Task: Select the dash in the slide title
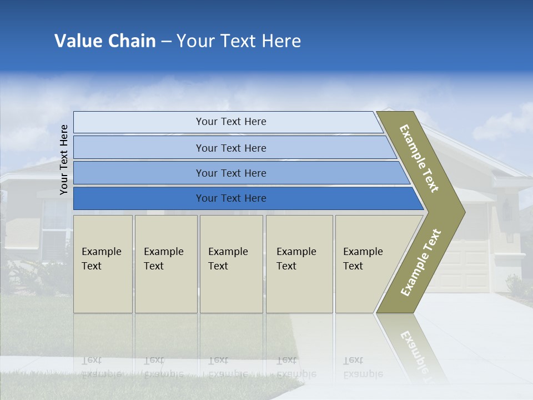166,42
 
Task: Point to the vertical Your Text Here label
64,159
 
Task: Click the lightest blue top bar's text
231,122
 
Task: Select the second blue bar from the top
231,148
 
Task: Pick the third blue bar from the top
231,173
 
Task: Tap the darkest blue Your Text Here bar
231,198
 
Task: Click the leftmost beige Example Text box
103,264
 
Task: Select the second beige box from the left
165,264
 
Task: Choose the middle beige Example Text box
231,264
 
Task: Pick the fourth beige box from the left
299,264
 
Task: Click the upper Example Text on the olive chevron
419,158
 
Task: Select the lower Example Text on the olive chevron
420,263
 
